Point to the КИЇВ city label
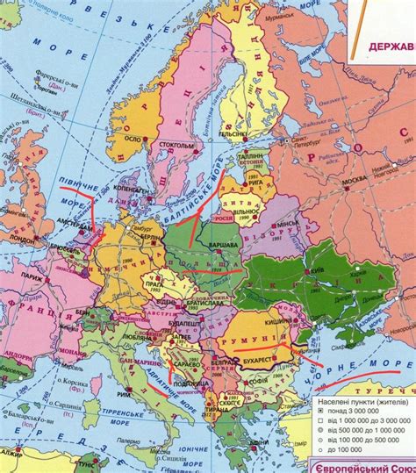(x=319, y=271)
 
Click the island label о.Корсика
(x=82, y=383)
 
